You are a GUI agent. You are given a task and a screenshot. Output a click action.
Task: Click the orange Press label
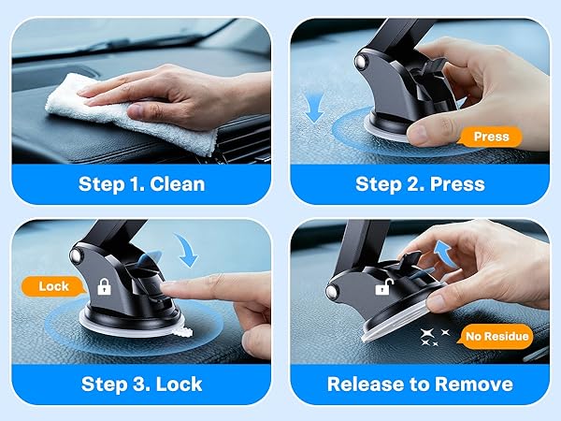click(491, 137)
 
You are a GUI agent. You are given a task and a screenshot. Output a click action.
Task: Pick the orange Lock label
click(53, 286)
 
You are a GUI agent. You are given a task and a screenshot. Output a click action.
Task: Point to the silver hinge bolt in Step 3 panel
click(76, 254)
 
